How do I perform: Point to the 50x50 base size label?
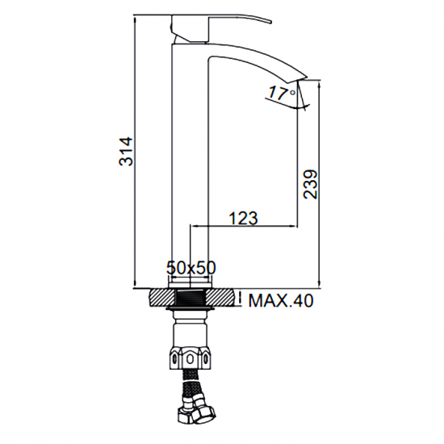pos(191,266)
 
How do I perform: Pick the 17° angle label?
pos(279,94)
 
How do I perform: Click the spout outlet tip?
pos(303,78)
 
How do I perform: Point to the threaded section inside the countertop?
pos(190,299)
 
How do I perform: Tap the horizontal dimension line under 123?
pos(242,226)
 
